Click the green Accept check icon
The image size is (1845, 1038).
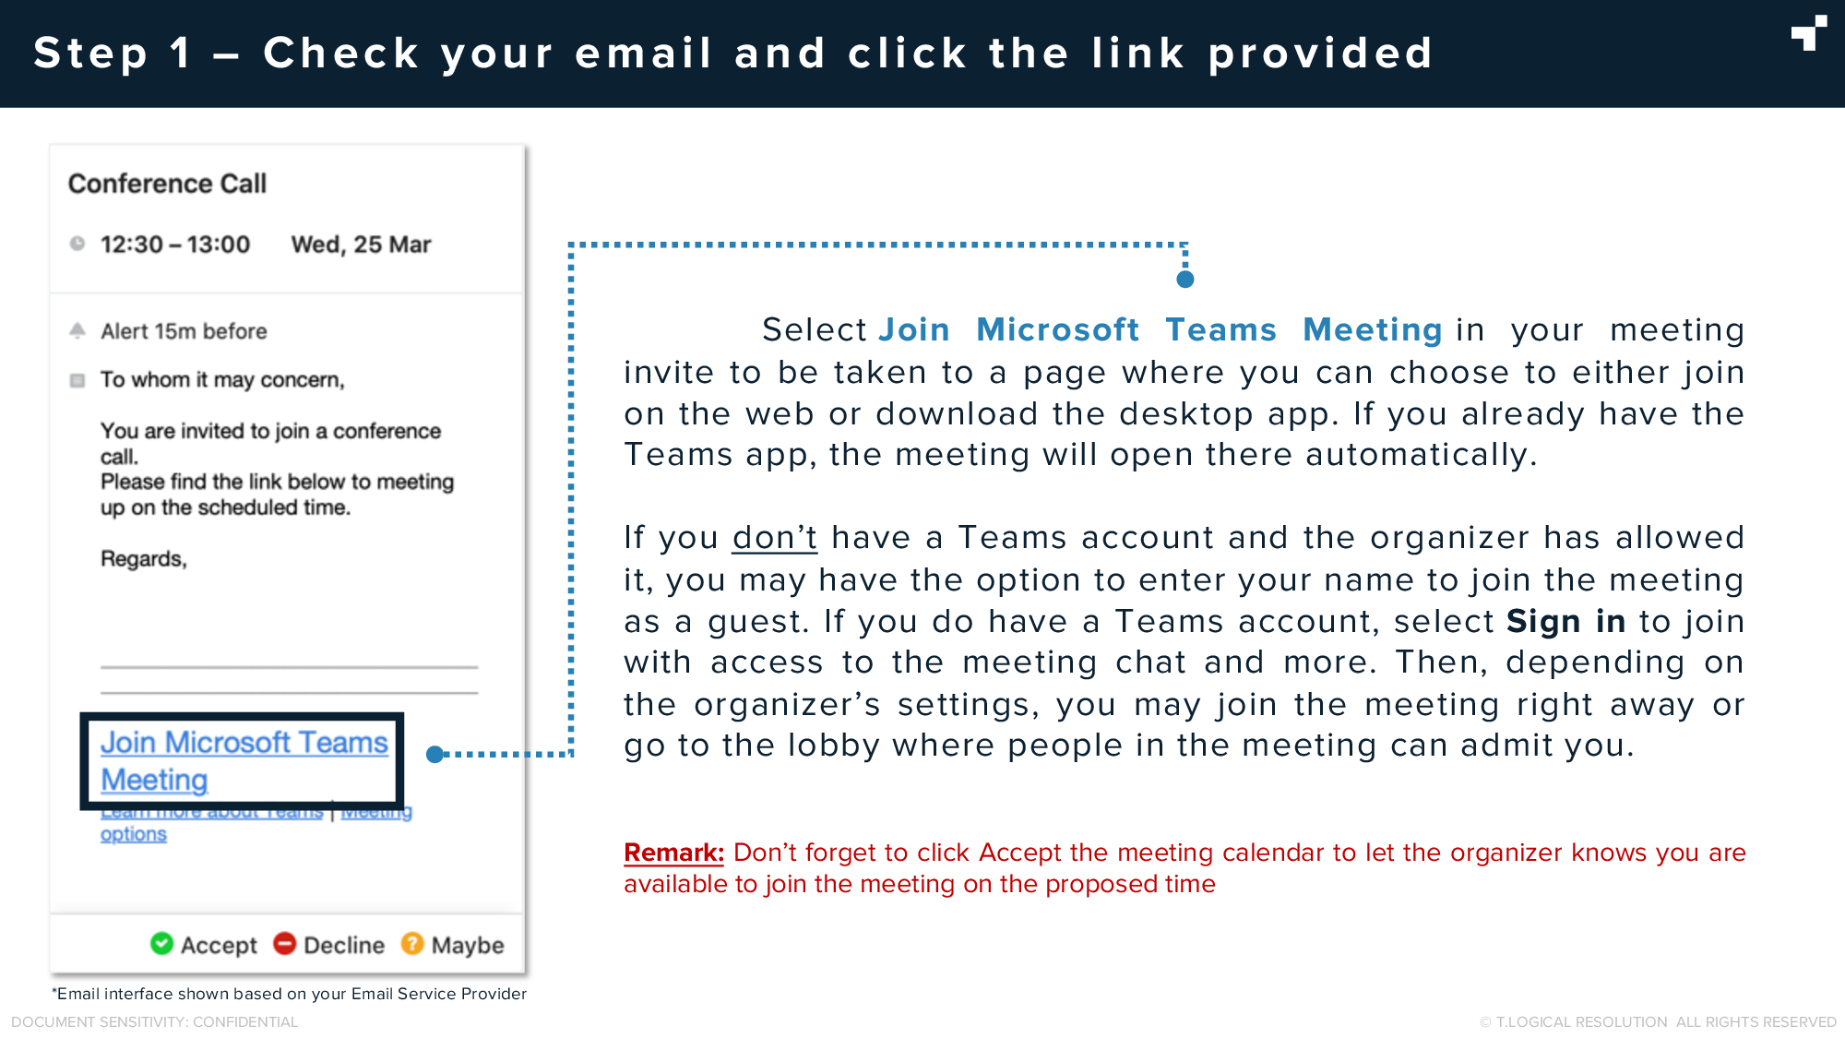pos(161,944)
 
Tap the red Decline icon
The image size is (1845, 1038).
pos(285,944)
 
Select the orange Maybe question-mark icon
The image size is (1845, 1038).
pos(412,944)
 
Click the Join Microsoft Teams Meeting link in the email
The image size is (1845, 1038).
pos(244,761)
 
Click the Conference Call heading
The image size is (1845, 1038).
pos(167,184)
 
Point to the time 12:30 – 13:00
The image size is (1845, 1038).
pos(175,245)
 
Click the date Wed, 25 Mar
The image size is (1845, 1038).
pos(361,245)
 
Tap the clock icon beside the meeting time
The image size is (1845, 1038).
pos(77,244)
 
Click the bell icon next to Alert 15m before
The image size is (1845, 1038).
pos(77,330)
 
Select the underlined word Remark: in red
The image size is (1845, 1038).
pos(673,853)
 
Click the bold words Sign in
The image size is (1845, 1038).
pos(1565,622)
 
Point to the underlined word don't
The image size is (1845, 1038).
pos(774,538)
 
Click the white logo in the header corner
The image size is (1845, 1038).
pos(1809,33)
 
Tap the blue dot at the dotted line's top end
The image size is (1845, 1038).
pos(1185,279)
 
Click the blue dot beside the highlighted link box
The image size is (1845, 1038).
pos(435,755)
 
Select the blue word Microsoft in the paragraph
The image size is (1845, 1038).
pos(1057,330)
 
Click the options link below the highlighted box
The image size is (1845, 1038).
pos(134,834)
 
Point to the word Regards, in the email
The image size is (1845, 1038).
pos(144,559)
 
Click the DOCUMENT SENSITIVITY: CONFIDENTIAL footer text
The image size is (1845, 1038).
pos(154,1022)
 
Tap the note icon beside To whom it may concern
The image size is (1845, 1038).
pos(77,380)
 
